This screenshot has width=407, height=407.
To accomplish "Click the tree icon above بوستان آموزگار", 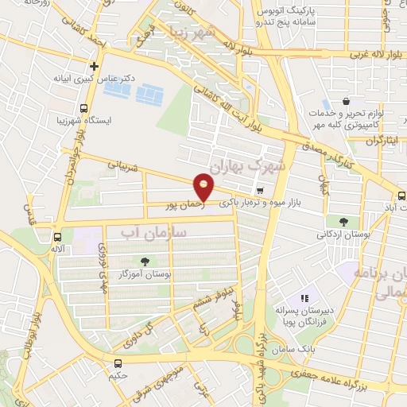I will coord(145,261).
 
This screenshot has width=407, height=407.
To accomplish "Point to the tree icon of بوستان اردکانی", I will coord(343,222).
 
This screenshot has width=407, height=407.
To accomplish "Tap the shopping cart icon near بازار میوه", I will coord(261,190).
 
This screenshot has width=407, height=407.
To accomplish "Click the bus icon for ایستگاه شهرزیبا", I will coord(83,108).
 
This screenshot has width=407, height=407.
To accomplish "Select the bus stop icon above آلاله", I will coord(56,236).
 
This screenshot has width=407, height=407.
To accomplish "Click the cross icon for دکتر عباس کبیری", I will coord(95,66).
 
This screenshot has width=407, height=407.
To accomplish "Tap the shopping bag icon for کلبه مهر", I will coord(347,102).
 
